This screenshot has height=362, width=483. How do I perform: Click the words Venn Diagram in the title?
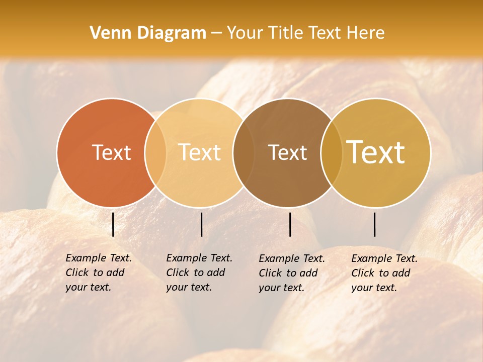148,33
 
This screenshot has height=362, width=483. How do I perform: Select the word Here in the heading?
365,33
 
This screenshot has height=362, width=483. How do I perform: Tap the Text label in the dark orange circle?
111,152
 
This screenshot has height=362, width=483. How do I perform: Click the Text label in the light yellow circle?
199,152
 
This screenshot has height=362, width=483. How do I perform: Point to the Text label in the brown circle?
287,152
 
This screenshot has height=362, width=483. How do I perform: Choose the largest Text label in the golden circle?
376,152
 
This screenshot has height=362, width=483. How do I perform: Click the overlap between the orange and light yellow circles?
155,152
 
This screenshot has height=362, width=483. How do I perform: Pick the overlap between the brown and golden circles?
331,152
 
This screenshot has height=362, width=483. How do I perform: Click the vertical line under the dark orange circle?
113,224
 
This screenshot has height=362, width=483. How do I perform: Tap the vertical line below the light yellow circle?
201,224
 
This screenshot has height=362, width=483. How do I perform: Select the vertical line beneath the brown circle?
290,224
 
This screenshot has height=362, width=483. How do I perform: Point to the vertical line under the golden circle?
375,224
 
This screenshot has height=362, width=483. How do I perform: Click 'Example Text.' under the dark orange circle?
99,258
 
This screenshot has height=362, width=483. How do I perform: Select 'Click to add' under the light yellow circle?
195,273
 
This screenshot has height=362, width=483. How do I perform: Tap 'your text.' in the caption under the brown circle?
281,288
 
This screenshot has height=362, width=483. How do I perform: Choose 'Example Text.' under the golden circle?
384,258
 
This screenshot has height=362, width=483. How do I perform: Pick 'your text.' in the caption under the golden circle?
374,288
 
